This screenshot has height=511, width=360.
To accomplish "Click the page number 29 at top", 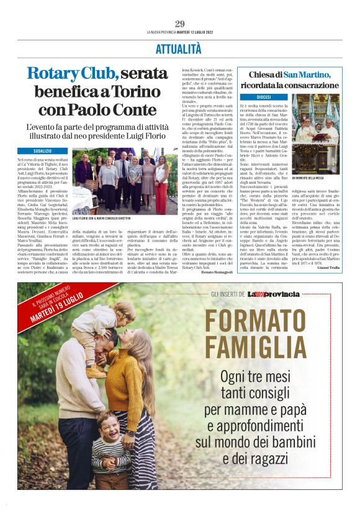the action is tap(179, 24).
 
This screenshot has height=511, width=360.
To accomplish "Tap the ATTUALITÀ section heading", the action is tap(179, 49).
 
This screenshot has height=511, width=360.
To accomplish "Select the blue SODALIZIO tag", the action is tap(50, 151).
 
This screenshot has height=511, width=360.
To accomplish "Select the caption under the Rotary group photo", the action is tap(102, 219).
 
